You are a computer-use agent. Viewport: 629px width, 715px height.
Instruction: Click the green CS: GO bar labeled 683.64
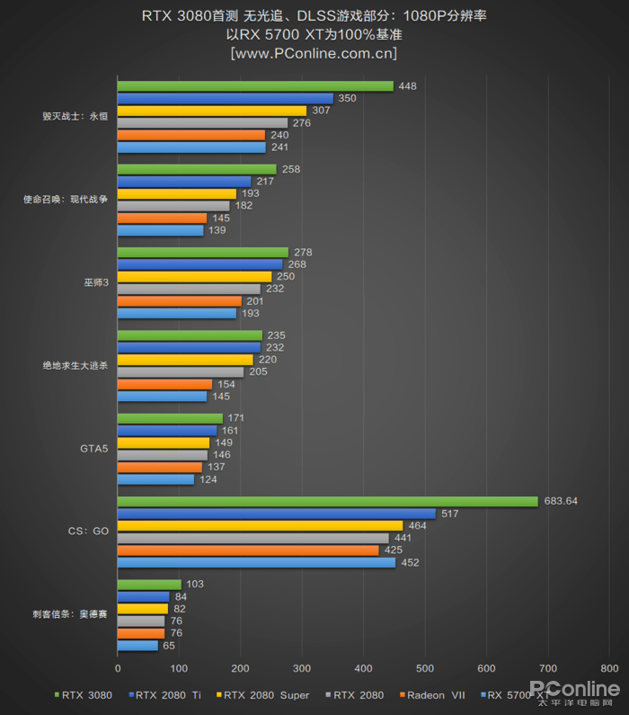pyautogui.click(x=327, y=501)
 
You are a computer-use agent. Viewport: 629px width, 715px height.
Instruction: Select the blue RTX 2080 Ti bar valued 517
pyautogui.click(x=276, y=514)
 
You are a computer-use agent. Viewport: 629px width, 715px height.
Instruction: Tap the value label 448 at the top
pyautogui.click(x=408, y=86)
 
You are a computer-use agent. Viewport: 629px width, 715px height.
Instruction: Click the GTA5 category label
pyautogui.click(x=93, y=449)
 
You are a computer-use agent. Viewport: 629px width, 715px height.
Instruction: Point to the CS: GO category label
pyautogui.click(x=88, y=532)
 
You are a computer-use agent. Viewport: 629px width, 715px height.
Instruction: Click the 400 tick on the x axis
pyautogui.click(x=364, y=668)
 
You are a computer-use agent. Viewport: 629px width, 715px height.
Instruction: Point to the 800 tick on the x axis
pyautogui.click(x=609, y=668)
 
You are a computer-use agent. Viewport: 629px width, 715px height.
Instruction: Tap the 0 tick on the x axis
pyautogui.click(x=118, y=668)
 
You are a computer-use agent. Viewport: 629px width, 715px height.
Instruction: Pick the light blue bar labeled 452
pyautogui.click(x=256, y=562)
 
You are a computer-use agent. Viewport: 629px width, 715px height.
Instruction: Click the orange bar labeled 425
pyautogui.click(x=248, y=550)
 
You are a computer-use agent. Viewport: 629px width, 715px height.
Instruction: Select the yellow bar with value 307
pyautogui.click(x=211, y=111)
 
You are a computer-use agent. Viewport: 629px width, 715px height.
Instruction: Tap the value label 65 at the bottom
pyautogui.click(x=169, y=645)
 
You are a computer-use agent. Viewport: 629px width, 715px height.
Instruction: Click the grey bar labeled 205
pyautogui.click(x=180, y=371)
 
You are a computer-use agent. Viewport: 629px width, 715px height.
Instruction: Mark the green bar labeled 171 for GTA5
pyautogui.click(x=170, y=418)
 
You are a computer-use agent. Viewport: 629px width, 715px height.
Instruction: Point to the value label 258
pyautogui.click(x=291, y=169)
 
